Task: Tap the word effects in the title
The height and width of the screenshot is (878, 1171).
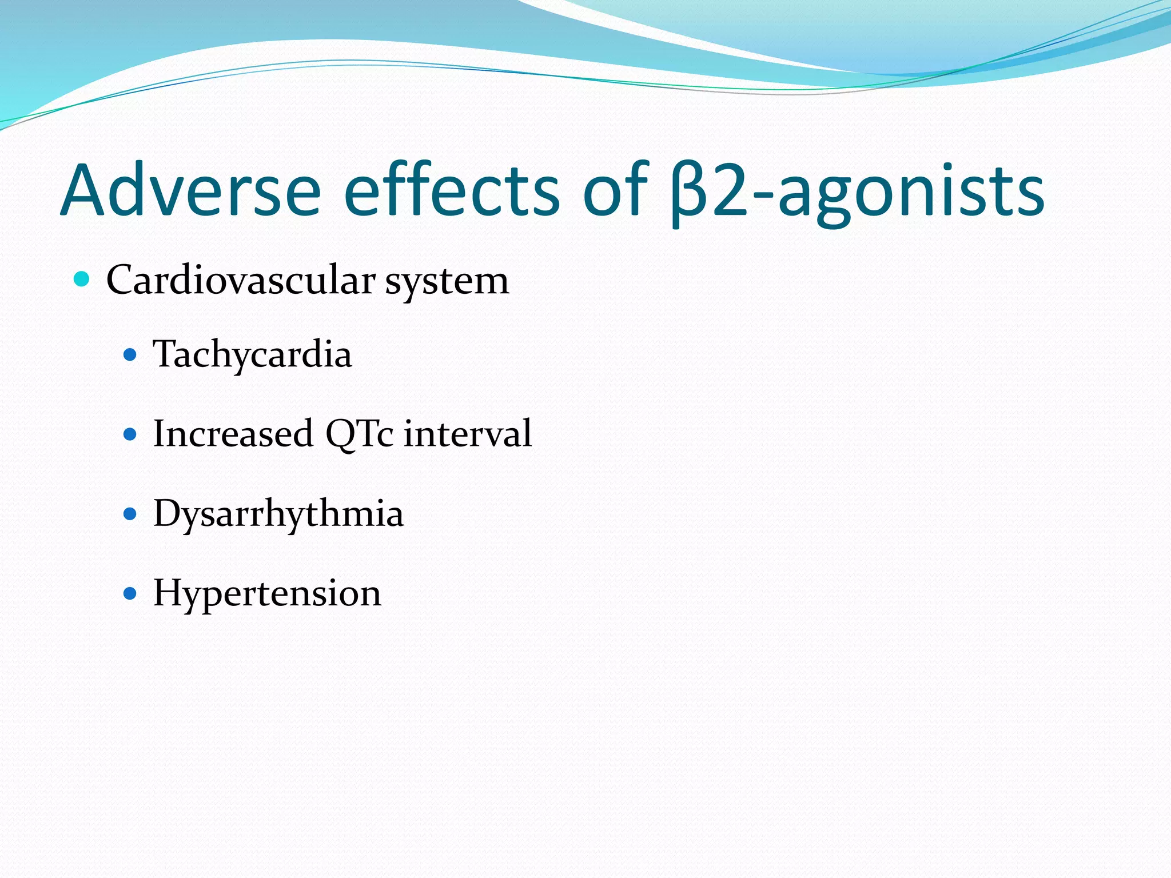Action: (x=451, y=190)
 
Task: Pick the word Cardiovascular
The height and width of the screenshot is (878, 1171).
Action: (x=241, y=280)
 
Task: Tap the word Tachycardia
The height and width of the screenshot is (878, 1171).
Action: (x=252, y=355)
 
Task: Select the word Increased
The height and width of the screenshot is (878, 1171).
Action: (x=233, y=433)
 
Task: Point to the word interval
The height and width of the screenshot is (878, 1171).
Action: (x=468, y=433)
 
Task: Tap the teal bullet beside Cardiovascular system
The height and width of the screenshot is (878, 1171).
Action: (x=82, y=280)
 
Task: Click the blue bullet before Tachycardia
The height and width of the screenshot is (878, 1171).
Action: (x=130, y=355)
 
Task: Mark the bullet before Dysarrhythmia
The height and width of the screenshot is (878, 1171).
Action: (x=130, y=514)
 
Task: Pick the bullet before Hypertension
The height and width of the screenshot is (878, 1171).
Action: (x=130, y=593)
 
